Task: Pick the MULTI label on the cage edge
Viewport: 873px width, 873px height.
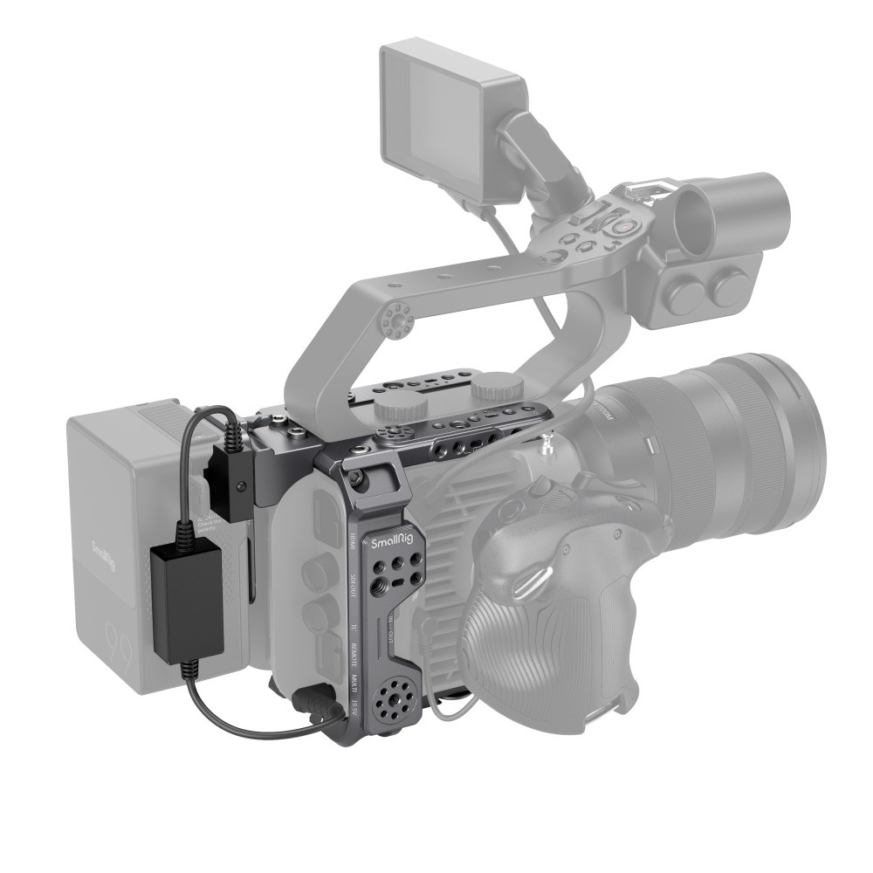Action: (x=354, y=684)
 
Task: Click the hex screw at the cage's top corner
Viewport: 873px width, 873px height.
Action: (x=355, y=478)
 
